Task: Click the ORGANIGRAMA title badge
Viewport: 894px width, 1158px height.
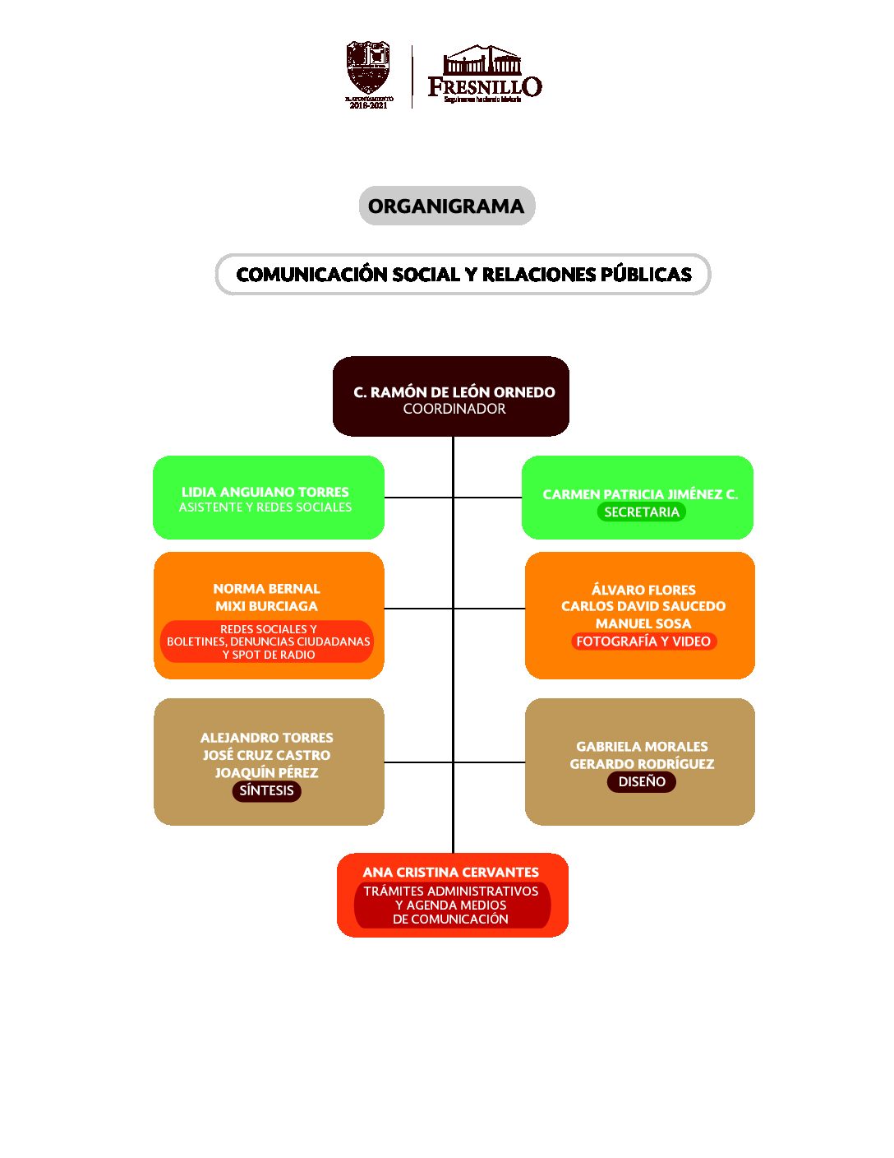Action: [446, 206]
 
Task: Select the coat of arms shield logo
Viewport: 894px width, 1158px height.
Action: [367, 69]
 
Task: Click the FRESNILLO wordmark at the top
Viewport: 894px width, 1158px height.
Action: [485, 86]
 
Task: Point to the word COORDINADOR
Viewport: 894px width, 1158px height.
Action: [454, 409]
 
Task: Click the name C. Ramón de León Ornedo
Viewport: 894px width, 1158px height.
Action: [454, 392]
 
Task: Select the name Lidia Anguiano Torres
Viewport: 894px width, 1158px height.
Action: [265, 492]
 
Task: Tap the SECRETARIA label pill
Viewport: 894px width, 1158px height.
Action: [642, 512]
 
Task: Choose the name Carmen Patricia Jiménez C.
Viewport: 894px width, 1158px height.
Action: [640, 494]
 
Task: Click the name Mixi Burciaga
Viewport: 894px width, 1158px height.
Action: [266, 606]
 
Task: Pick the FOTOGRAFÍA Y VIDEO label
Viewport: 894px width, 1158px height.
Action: [643, 642]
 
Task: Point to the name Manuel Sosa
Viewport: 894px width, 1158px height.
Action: [643, 623]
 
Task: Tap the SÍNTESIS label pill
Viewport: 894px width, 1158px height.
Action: [266, 790]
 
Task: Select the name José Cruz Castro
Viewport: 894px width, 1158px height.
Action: [266, 755]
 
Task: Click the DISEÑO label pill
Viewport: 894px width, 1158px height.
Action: [642, 781]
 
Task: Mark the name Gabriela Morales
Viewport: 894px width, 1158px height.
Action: [642, 747]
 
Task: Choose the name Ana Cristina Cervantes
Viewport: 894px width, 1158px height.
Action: [451, 872]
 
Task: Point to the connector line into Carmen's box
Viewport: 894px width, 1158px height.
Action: [488, 498]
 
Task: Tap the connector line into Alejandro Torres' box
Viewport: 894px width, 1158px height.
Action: [418, 762]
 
